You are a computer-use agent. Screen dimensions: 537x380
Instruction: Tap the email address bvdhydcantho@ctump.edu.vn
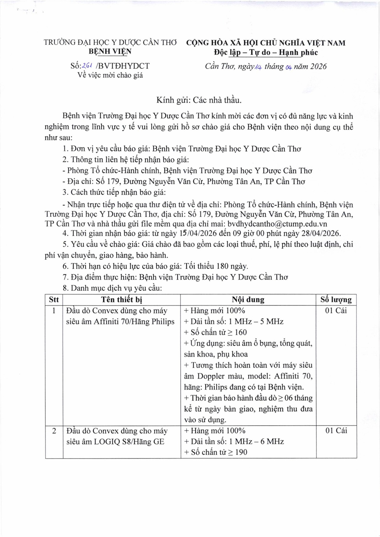tap(277, 224)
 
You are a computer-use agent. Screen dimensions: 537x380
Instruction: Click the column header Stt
tap(54, 300)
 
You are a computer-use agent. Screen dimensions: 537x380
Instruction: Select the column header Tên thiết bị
tap(122, 300)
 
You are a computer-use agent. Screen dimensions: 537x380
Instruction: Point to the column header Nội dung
tap(248, 300)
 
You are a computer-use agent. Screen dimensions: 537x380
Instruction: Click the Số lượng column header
tap(336, 300)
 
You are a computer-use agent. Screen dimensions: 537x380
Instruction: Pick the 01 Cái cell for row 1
tap(336, 311)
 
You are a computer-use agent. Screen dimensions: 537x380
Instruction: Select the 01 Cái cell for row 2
tap(336, 431)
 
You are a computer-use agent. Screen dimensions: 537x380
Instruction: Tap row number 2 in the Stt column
tap(54, 431)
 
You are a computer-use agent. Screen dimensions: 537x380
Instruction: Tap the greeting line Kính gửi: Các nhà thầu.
tap(199, 100)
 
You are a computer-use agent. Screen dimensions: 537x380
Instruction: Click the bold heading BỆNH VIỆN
tap(110, 51)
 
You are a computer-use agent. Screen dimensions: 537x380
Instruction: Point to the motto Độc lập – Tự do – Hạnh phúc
tap(266, 53)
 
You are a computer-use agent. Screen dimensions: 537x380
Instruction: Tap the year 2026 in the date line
tap(318, 66)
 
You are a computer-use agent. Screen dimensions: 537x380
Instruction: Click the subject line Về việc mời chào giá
tap(110, 75)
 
